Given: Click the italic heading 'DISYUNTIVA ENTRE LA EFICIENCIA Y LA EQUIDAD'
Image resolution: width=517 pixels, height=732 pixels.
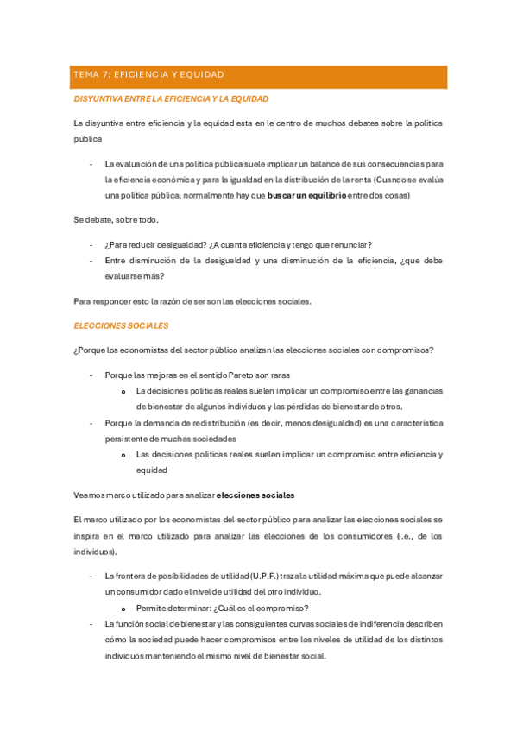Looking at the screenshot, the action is (171, 99).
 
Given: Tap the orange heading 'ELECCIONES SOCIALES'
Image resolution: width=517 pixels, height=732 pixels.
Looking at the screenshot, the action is (121, 326).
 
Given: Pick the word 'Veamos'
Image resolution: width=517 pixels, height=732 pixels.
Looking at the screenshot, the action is (90, 495).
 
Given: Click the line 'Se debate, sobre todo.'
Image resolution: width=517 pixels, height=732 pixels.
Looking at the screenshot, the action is (116, 220).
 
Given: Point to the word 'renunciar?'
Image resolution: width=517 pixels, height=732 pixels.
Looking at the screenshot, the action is (363, 245).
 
